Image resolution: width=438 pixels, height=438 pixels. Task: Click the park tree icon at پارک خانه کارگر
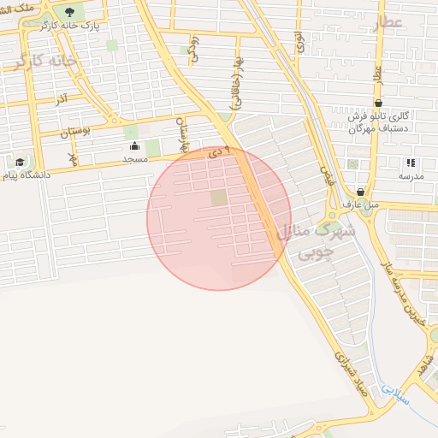point(69,12)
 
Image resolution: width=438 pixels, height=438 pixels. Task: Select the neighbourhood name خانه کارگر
point(44,62)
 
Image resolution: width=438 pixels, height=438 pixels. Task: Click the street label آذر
point(62,100)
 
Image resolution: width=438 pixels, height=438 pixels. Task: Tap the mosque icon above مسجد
point(134,146)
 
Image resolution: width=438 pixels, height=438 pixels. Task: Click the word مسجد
point(134,159)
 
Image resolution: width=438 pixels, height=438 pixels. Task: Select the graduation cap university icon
point(19,162)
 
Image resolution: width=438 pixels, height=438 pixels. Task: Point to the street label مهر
point(74,157)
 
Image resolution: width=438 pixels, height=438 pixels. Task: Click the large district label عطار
point(387,23)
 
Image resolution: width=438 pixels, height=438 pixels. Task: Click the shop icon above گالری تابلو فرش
point(378,103)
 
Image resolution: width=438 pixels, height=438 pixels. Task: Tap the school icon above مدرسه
point(411,163)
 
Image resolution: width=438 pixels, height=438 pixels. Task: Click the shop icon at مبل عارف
point(359,192)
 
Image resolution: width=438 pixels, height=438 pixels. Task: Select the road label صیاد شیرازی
point(350,371)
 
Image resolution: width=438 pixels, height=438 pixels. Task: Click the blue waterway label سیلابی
point(396,394)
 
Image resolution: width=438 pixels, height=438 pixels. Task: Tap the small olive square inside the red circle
point(219,198)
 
